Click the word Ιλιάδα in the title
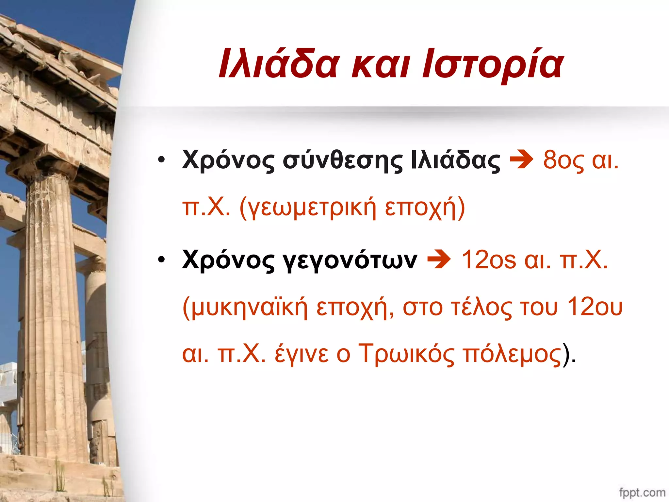click(x=278, y=64)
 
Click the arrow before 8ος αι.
click(x=522, y=160)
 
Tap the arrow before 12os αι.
click(x=439, y=260)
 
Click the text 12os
click(x=489, y=260)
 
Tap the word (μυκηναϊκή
click(x=245, y=308)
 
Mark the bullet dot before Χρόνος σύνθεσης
click(x=161, y=160)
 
